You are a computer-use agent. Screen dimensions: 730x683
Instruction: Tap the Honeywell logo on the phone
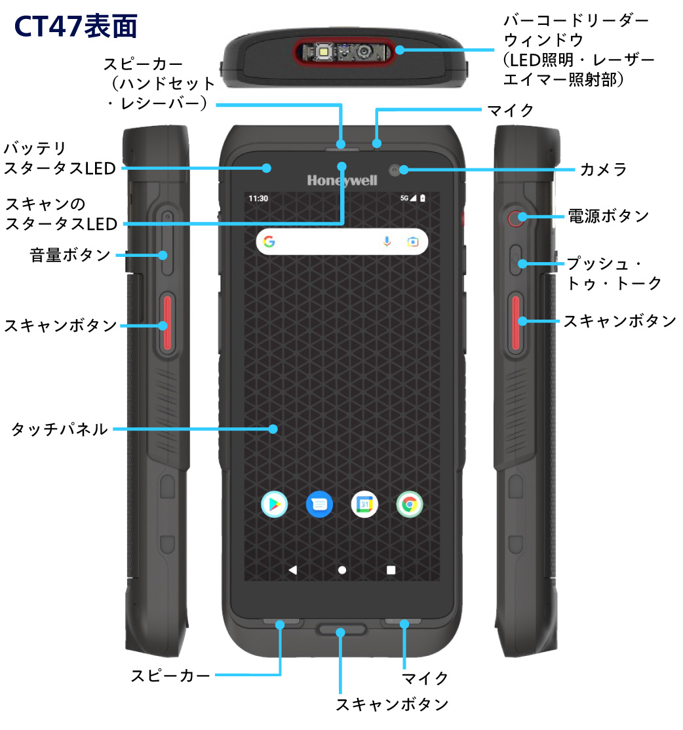[341, 180]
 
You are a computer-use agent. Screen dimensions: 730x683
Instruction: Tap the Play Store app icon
[275, 504]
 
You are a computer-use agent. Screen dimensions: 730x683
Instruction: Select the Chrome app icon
[409, 504]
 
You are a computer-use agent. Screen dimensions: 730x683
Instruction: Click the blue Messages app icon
[319, 504]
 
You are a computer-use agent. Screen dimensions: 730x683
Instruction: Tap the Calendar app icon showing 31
[364, 504]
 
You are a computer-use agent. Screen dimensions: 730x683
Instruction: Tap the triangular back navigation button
[292, 569]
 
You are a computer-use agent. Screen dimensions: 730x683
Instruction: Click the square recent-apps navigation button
[391, 569]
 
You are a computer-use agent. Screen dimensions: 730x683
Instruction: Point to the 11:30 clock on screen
[258, 198]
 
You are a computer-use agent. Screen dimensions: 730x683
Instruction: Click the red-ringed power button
[516, 217]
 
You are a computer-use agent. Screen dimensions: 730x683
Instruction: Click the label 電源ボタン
[608, 216]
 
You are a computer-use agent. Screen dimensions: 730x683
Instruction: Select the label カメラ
[603, 170]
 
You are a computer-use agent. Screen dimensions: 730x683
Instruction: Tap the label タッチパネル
[60, 430]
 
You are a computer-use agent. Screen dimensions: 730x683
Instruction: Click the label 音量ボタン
[70, 255]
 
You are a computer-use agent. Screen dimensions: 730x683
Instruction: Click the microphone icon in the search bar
[387, 242]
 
